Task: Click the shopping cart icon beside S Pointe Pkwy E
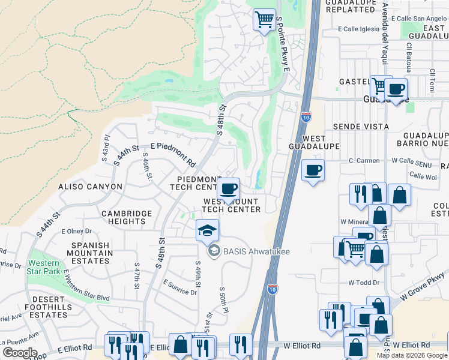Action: point(264,20)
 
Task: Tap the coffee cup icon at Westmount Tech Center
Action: point(228,190)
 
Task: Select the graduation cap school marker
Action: point(207,230)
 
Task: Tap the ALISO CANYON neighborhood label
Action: point(90,187)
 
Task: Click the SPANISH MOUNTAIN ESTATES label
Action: point(91,253)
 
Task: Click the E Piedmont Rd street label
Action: point(173,155)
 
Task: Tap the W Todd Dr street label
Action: point(364,283)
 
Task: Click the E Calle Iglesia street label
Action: point(359,29)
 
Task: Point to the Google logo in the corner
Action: point(19,352)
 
